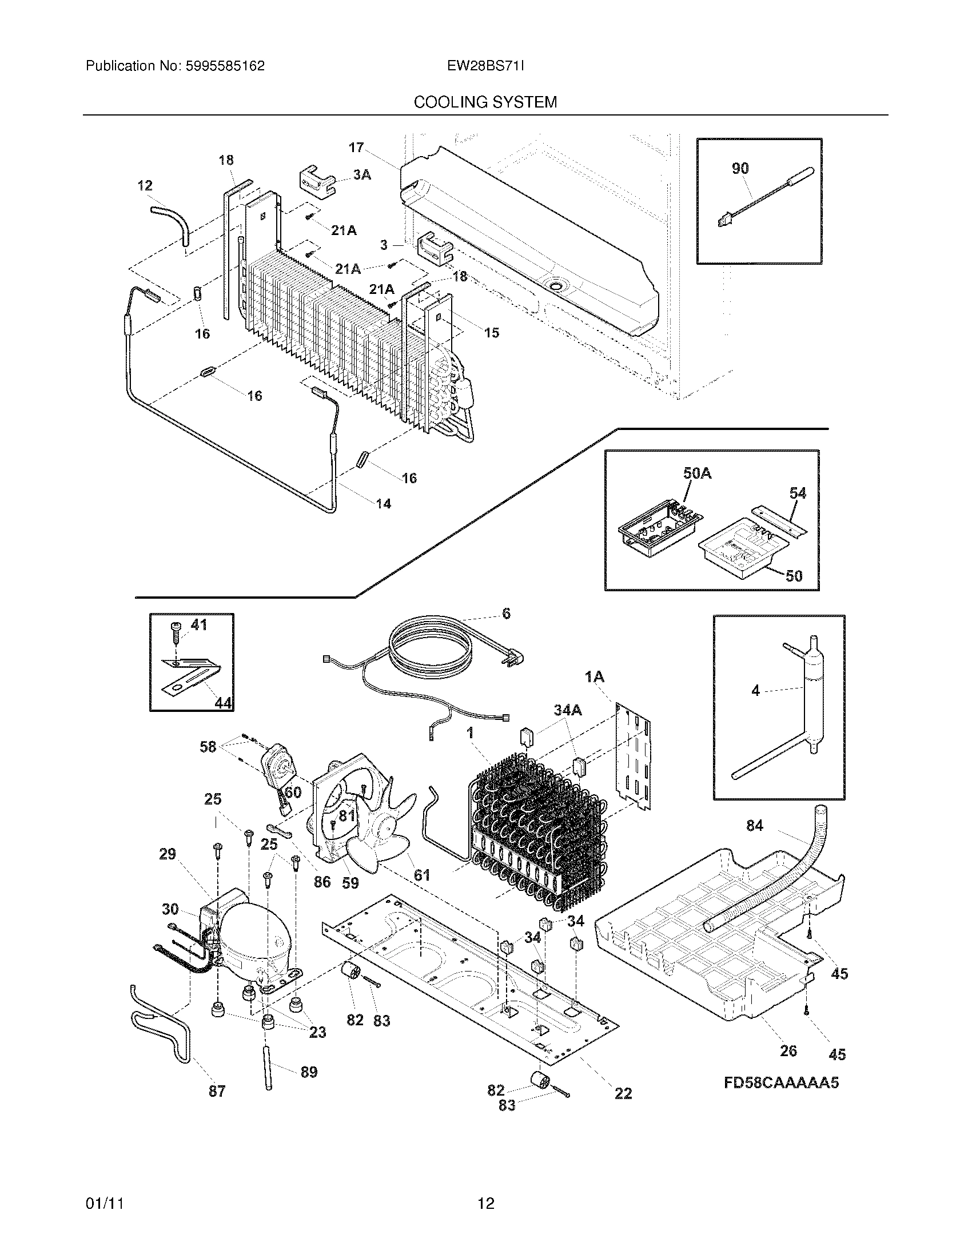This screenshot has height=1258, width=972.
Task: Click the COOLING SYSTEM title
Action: pos(485,102)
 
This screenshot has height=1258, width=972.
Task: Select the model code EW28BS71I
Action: pos(485,66)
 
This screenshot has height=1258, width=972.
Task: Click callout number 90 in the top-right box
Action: pos(740,168)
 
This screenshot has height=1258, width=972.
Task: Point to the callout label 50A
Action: pos(697,473)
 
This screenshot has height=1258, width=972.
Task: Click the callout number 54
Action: pos(798,493)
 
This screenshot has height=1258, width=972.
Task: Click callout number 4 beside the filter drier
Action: pos(755,690)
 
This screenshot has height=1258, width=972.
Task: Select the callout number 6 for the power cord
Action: pos(506,614)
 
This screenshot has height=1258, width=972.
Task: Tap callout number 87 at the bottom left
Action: pos(217,1091)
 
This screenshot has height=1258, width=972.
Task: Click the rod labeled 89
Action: pos(269,1066)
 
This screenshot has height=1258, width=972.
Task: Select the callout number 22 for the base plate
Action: pos(623,1093)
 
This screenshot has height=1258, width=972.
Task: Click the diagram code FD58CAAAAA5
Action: pos(781,1083)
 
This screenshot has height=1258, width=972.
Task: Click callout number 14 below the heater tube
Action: pos(383,504)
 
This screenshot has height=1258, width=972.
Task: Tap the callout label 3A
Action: pos(361,174)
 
